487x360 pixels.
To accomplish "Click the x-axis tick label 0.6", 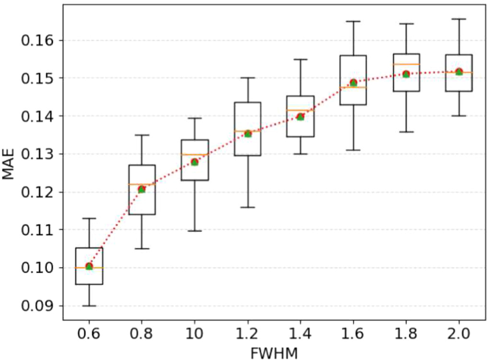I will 89,334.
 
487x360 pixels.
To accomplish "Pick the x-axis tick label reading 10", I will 195,334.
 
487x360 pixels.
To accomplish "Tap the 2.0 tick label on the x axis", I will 459,334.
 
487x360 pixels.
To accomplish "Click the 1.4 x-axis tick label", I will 300,334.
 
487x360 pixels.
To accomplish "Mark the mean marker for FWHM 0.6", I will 89,266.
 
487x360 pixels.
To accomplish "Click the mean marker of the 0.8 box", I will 142,189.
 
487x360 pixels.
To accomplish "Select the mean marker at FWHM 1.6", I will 353,83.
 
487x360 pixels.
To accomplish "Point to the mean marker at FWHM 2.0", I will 459,72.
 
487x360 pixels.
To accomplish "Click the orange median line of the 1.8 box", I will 406,64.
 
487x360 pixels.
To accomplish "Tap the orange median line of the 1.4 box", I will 300,110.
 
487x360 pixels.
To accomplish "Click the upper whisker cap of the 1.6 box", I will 353,21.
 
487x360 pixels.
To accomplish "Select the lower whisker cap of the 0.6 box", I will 89,306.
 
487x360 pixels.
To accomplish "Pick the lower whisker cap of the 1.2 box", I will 247,207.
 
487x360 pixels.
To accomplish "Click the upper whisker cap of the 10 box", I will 195,118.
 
